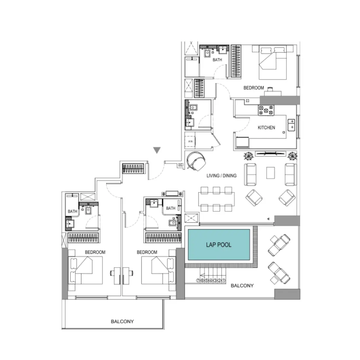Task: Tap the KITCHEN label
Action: tap(266, 128)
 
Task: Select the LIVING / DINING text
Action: tap(221, 176)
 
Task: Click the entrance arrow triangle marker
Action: tap(157, 150)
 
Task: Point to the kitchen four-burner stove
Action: tap(266, 110)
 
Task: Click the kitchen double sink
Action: tap(291, 124)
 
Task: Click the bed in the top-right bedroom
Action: tap(273, 62)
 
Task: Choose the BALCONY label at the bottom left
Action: tap(122, 321)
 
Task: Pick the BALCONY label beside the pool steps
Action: tap(242, 286)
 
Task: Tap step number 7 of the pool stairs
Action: tap(198, 280)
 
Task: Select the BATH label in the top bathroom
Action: tap(217, 60)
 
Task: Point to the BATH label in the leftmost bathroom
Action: tap(72, 211)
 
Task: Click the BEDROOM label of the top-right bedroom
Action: tap(254, 88)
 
